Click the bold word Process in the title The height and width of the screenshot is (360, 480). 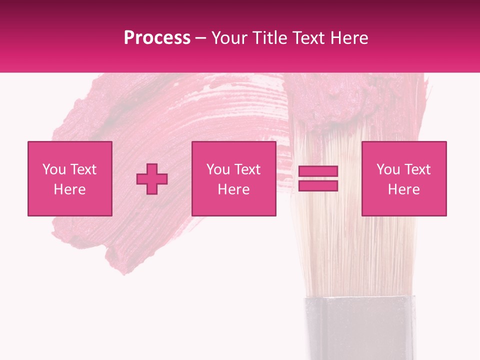click(x=157, y=38)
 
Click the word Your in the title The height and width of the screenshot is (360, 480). click(x=229, y=38)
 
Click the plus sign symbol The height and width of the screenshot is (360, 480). click(x=152, y=179)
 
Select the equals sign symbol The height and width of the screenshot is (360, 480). click(x=318, y=178)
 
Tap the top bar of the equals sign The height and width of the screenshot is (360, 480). click(x=318, y=171)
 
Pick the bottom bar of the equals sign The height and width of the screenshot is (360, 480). click(x=318, y=185)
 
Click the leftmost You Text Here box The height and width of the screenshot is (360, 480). click(x=70, y=178)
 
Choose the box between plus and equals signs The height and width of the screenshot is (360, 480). click(x=234, y=178)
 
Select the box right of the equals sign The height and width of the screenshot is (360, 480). click(x=404, y=178)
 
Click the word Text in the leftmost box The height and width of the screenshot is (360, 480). click(x=83, y=169)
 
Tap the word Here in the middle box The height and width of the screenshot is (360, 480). click(x=234, y=189)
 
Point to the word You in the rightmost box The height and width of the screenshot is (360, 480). click(x=388, y=169)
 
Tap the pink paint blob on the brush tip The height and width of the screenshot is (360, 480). click(x=345, y=102)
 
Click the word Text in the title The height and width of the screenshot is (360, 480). click(x=309, y=38)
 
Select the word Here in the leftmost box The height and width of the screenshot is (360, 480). click(x=70, y=189)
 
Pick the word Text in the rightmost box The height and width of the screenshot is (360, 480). click(x=417, y=169)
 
